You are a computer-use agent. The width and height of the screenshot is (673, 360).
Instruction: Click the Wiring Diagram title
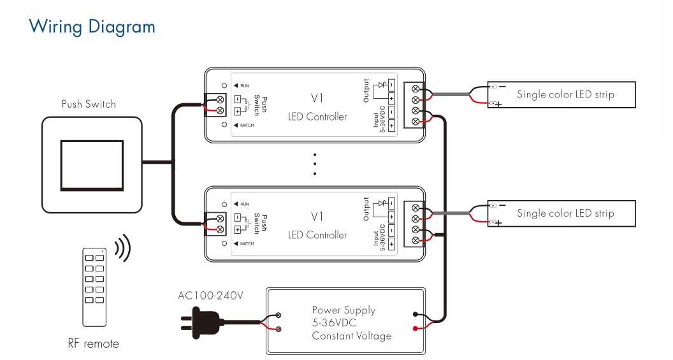[92, 27]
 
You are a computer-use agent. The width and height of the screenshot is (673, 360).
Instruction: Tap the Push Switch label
[89, 104]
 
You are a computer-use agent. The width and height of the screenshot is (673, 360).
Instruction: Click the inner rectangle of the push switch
[92, 165]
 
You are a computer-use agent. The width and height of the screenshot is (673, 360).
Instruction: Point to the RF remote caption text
[93, 343]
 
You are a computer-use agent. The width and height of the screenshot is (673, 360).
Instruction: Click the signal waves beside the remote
[123, 248]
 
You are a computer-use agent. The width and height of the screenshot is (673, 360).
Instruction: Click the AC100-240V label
[210, 295]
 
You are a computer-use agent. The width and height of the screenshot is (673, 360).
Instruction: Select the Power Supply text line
[344, 310]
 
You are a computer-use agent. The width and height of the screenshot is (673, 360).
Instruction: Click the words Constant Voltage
[352, 336]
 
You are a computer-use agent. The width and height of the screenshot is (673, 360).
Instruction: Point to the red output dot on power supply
[415, 329]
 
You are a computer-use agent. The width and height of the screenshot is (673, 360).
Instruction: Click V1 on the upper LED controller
[317, 98]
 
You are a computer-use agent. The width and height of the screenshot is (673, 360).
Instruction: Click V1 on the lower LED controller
[317, 217]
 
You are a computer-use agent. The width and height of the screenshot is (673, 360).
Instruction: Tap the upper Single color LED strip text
[565, 94]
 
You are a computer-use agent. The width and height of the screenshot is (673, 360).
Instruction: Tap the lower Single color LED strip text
[565, 213]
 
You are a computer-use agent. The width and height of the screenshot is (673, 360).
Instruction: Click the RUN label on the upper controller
[244, 86]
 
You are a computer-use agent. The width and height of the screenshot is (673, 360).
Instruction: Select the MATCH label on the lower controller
[247, 244]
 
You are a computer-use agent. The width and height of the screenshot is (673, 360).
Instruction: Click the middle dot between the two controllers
[315, 164]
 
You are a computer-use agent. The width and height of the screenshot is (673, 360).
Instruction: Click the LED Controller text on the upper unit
[317, 116]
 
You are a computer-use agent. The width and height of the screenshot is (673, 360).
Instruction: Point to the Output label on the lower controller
[366, 209]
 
